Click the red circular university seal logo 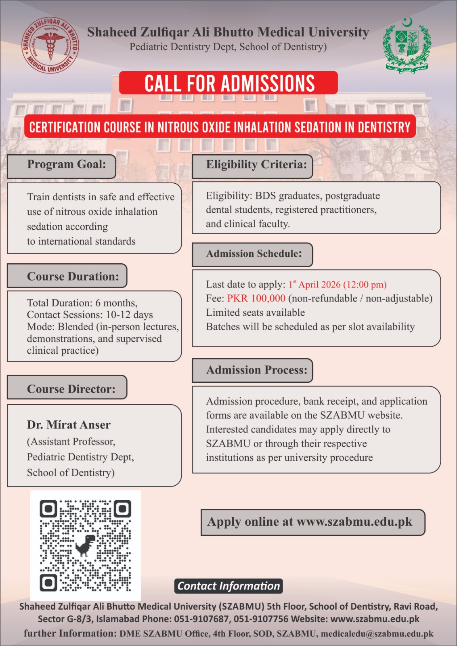pos(50,45)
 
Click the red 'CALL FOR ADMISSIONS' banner pos(228,83)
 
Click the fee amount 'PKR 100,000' pos(256,298)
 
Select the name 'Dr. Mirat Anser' pos(69,425)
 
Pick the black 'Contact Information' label pos(228,586)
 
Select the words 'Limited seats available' pos(255,313)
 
